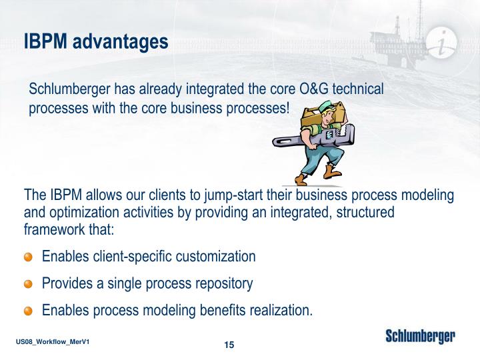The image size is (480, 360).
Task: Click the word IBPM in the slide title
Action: pos(45,41)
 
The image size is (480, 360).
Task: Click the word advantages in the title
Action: pos(120,42)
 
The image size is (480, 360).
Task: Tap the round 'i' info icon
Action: pos(441,43)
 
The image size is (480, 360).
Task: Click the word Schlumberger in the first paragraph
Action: pos(69,89)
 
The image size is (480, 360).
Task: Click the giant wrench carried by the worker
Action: pos(313,137)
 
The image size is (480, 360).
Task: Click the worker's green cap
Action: pos(326,106)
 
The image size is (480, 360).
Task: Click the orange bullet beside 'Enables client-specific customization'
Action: pos(28,257)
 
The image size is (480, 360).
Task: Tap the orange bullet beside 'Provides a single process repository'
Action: pos(28,284)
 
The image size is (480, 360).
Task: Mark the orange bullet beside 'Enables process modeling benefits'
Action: pos(28,311)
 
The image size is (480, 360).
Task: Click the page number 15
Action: pos(229,345)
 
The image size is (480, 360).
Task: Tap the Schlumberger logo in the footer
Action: pos(420,337)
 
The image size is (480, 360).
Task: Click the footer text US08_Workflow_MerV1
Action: pos(53,341)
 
